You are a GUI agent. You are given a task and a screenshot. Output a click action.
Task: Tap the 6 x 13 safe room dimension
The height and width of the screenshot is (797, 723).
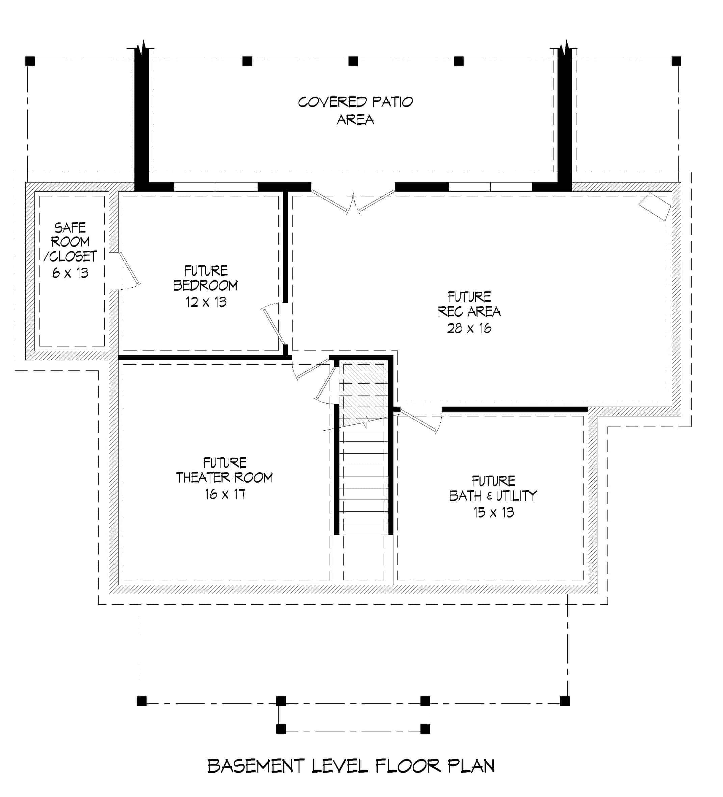pyautogui.click(x=70, y=273)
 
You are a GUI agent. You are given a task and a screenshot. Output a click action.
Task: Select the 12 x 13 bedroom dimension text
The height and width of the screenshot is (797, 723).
pyautogui.click(x=206, y=303)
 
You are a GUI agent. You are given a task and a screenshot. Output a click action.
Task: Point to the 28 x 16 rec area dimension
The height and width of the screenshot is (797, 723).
pyautogui.click(x=469, y=329)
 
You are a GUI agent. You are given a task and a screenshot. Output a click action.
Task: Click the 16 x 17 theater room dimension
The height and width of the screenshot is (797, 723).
pyautogui.click(x=225, y=494)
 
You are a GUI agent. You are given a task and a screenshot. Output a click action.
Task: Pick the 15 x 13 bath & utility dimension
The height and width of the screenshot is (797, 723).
pyautogui.click(x=493, y=513)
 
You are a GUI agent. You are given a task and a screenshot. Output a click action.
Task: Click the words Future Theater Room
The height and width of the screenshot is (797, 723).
pyautogui.click(x=225, y=470)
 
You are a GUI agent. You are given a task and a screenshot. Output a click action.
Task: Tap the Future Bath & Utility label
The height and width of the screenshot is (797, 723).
pyautogui.click(x=493, y=489)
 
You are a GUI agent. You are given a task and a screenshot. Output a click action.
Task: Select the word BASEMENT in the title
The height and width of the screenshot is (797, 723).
pyautogui.click(x=256, y=766)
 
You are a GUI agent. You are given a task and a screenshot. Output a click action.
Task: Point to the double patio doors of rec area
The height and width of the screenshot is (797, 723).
pyautogui.click(x=353, y=202)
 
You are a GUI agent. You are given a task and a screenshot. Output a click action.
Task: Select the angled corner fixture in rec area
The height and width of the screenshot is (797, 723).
pyautogui.click(x=655, y=207)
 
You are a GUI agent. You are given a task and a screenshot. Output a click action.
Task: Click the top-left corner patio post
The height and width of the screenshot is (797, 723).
pyautogui.click(x=30, y=61)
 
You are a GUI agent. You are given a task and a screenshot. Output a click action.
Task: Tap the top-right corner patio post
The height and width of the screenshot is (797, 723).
pyautogui.click(x=676, y=61)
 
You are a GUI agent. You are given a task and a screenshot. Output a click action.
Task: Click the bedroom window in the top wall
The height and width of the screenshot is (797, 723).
pyautogui.click(x=216, y=187)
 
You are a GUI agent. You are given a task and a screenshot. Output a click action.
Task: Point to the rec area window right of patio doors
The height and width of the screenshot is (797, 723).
pyautogui.click(x=490, y=187)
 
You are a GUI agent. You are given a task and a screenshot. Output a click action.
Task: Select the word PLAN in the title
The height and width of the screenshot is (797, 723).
pyautogui.click(x=471, y=766)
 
